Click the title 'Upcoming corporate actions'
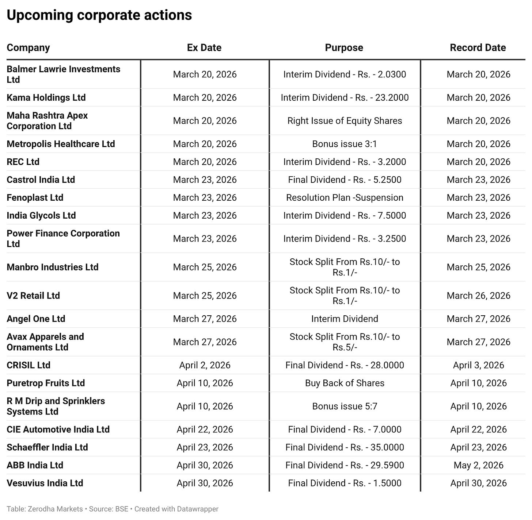click(x=99, y=15)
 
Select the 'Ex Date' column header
click(x=204, y=48)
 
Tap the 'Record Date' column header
click(x=478, y=48)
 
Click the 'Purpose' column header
click(x=344, y=48)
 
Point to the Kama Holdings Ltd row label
click(x=46, y=98)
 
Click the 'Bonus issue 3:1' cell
click(x=344, y=144)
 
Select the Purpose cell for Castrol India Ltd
click(x=345, y=180)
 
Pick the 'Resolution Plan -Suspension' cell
click(x=345, y=198)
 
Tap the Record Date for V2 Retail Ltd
click(x=478, y=296)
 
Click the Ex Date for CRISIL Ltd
click(x=205, y=365)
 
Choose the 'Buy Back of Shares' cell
click(x=345, y=383)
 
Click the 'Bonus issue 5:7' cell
click(x=345, y=407)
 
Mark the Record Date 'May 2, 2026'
click(x=478, y=465)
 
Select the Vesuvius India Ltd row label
click(x=45, y=483)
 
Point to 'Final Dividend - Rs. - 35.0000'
click(x=345, y=447)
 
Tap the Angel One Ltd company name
click(x=36, y=319)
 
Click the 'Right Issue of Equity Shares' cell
click(x=345, y=121)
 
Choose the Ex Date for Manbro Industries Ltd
click(x=205, y=267)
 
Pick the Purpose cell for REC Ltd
click(x=345, y=162)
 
